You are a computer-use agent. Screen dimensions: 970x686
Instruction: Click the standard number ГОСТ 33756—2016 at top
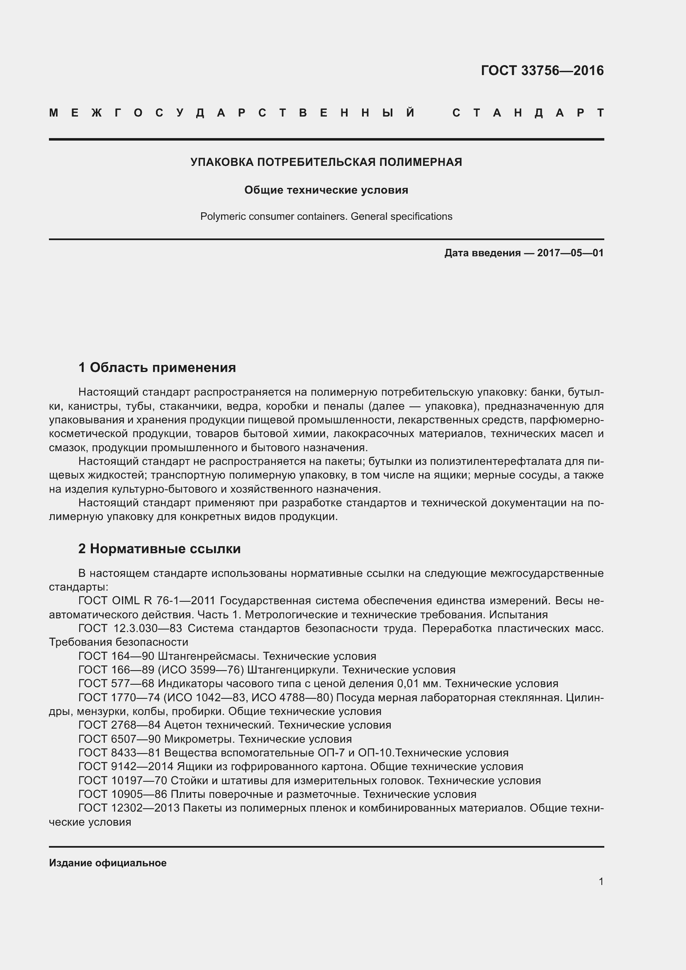coord(542,71)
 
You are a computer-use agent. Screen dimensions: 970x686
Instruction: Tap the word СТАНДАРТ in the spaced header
coord(528,113)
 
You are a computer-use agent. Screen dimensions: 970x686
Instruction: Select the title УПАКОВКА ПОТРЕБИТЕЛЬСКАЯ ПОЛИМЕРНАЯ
coord(326,162)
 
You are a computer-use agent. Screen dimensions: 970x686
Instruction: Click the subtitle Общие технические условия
coord(326,190)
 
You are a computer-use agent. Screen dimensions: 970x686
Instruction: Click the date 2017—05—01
coord(570,253)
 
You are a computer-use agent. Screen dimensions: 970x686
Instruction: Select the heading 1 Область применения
coord(157,367)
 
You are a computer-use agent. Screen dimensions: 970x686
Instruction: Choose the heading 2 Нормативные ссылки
coord(159,549)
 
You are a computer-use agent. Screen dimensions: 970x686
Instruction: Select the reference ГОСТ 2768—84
coord(119,725)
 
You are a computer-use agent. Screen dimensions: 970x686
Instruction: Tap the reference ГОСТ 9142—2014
coord(126,767)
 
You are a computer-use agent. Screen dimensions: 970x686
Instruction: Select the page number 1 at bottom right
coord(601,882)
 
